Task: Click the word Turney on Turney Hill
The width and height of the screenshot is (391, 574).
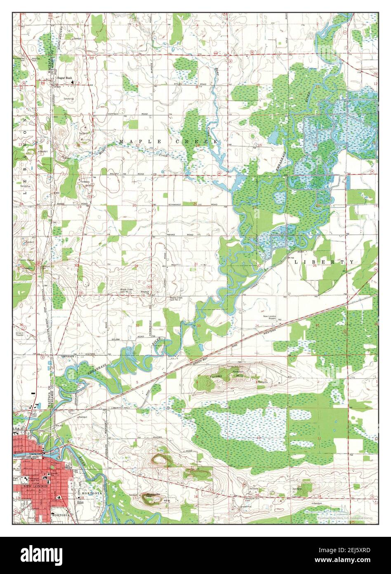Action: [215, 377]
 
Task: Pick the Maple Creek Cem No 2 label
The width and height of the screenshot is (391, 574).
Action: [176, 299]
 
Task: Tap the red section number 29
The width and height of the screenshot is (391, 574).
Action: [136, 266]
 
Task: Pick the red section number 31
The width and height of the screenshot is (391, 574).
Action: [78, 325]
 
